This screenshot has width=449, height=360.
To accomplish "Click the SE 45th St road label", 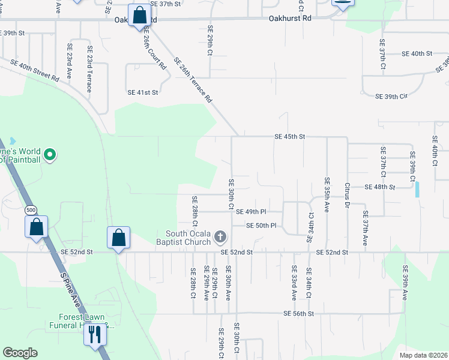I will click(x=290, y=137).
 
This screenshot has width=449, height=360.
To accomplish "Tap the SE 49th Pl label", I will click(x=251, y=212).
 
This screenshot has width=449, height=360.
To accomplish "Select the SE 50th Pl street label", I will click(x=261, y=226).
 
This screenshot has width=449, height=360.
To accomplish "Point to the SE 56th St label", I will click(x=299, y=314).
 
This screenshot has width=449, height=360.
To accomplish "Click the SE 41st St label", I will click(x=143, y=92).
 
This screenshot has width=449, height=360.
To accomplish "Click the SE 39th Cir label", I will click(x=391, y=96).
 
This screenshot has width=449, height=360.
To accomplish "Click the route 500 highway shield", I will click(x=30, y=211).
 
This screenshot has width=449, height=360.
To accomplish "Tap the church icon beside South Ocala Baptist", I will click(x=220, y=238).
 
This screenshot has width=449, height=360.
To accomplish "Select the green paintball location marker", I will click(x=50, y=155).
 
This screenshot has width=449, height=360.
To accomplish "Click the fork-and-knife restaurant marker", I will click(x=94, y=334).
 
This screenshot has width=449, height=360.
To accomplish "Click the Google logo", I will click(x=20, y=353).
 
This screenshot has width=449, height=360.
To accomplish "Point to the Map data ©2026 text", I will click(x=423, y=355).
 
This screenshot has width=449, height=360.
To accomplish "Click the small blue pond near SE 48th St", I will click(x=417, y=190).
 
